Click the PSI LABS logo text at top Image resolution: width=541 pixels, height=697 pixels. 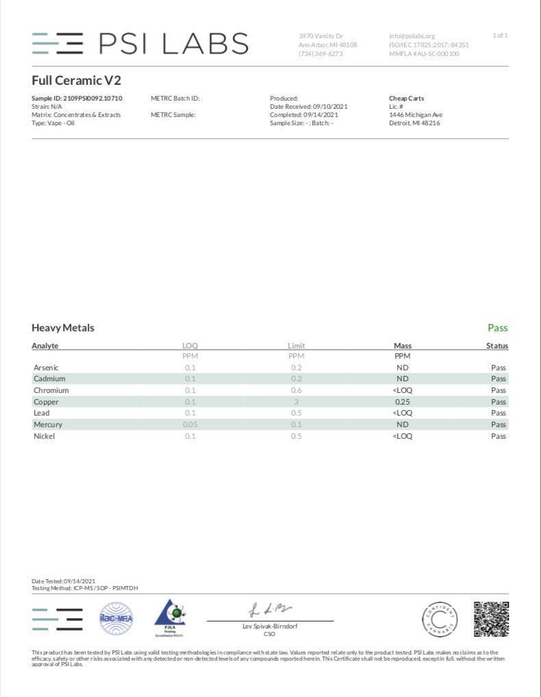pyautogui.click(x=173, y=43)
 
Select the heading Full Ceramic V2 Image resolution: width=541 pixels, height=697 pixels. pyautogui.click(x=77, y=80)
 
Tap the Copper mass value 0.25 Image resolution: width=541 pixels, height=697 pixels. pyautogui.click(x=403, y=402)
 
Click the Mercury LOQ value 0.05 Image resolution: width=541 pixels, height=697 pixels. pyautogui.click(x=190, y=424)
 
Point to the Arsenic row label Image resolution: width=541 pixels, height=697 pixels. pyautogui.click(x=47, y=368)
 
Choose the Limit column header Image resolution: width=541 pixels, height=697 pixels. pyautogui.click(x=296, y=346)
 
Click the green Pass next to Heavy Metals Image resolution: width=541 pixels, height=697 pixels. pyautogui.click(x=497, y=328)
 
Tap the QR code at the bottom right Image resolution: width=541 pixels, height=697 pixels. pyautogui.click(x=491, y=618)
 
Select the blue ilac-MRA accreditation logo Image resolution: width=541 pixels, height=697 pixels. pyautogui.click(x=116, y=618)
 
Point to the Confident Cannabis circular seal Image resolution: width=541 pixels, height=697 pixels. pyautogui.click(x=440, y=618)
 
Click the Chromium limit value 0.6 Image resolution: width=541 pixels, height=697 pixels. pyautogui.click(x=296, y=390)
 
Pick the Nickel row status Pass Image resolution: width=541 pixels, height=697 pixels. pyautogui.click(x=498, y=436)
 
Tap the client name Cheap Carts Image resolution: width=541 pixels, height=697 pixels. pyautogui.click(x=406, y=99)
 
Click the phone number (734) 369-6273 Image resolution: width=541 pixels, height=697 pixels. pyautogui.click(x=320, y=53)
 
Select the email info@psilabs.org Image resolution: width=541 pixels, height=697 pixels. pyautogui.click(x=412, y=36)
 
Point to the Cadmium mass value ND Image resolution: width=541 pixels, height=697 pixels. pyautogui.click(x=403, y=379)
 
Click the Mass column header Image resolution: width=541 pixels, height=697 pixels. pyautogui.click(x=403, y=346)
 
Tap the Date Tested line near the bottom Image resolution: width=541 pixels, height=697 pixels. pyautogui.click(x=63, y=581)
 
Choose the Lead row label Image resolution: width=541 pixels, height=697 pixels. pyautogui.click(x=42, y=413)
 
